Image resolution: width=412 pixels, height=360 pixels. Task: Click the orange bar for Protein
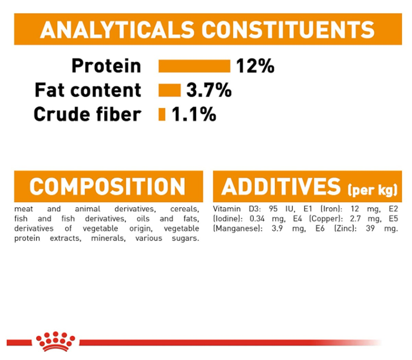194,66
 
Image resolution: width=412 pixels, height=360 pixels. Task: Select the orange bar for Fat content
170,90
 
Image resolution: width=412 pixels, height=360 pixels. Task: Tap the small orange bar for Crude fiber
162,114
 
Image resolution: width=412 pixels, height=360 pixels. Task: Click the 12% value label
255,66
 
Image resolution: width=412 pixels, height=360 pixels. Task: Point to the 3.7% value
209,90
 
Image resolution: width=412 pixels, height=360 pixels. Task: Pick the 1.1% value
194,114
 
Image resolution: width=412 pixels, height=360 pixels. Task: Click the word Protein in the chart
106,66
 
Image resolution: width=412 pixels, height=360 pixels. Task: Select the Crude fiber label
88,114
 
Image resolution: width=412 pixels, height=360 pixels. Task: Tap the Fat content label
88,90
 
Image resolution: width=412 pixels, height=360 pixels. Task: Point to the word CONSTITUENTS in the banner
288,30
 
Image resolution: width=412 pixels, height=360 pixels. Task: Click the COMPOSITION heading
107,186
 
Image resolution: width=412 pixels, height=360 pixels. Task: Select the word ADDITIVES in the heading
281,186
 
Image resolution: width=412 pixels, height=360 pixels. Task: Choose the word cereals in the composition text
185,209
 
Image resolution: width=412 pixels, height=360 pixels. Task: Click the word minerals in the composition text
108,238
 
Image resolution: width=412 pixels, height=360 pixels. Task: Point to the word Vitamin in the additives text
227,209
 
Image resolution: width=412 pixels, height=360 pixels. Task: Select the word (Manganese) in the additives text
238,229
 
